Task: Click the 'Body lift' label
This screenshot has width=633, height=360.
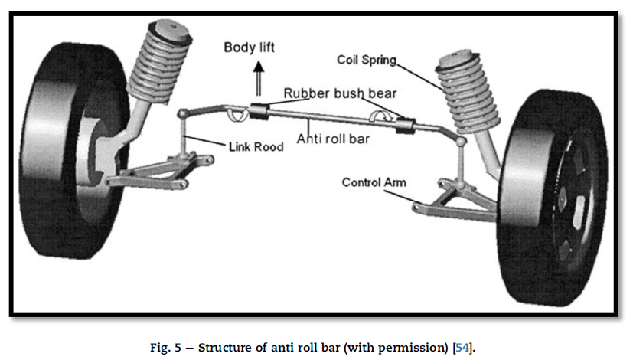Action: pos(249,47)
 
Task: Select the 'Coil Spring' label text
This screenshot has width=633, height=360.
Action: pos(370,59)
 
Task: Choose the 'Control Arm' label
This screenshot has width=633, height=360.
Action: pos(374,182)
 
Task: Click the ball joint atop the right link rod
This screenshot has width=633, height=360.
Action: pos(460,142)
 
